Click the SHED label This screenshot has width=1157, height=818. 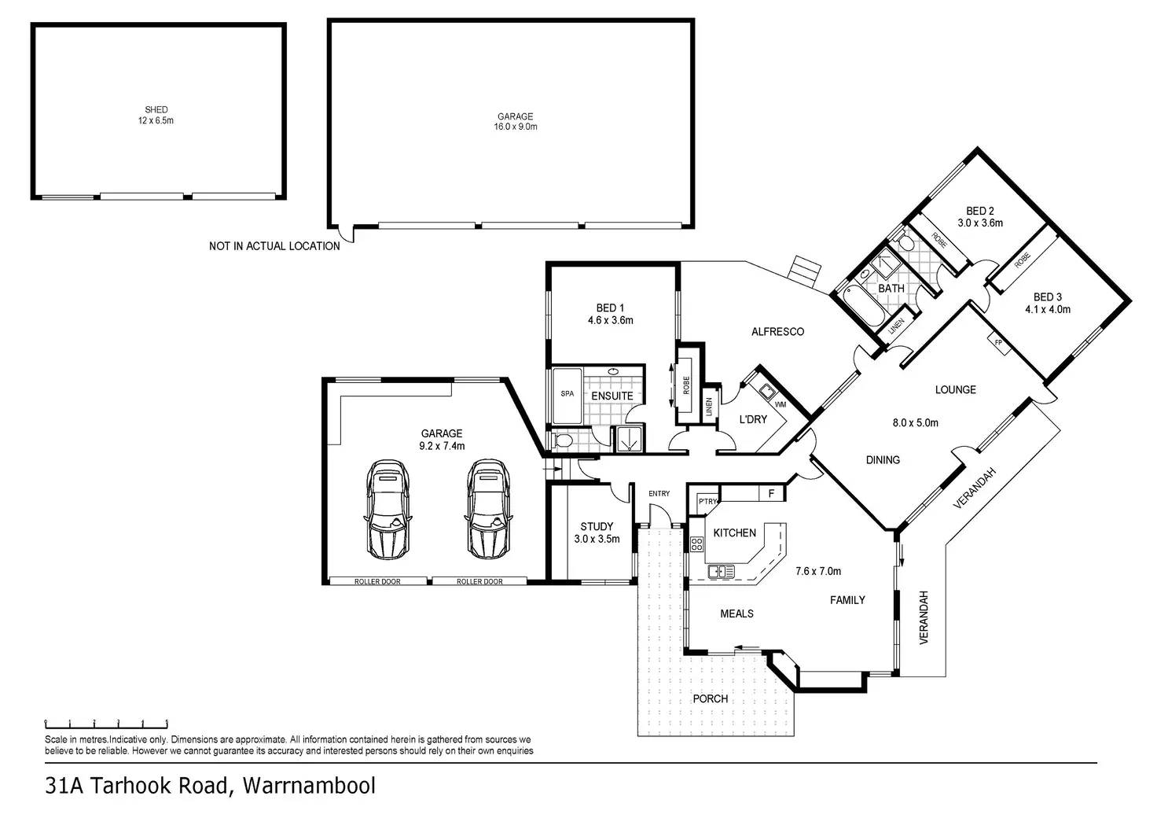click(x=156, y=109)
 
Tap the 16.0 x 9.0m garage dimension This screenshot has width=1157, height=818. click(x=516, y=127)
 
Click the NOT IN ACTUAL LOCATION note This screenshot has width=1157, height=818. click(x=274, y=246)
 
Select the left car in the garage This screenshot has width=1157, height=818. click(x=388, y=509)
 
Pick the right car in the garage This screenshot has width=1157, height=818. click(x=489, y=509)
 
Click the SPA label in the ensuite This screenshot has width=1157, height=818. click(x=567, y=394)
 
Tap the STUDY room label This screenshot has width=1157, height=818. click(x=597, y=526)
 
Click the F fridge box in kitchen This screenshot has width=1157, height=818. click(x=772, y=493)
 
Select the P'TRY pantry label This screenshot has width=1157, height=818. click(x=707, y=501)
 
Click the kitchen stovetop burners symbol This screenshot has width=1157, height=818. click(x=696, y=543)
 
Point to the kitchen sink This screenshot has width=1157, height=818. click(x=721, y=572)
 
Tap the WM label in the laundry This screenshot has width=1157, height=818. click(x=780, y=404)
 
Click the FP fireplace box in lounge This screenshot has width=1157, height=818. click(x=999, y=343)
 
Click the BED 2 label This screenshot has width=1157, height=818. click(x=980, y=211)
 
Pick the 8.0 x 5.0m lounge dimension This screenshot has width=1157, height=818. click(x=915, y=422)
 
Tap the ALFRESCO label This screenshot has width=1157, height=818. click(x=777, y=332)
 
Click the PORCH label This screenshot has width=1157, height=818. click(x=711, y=698)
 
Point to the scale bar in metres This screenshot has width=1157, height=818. click(x=106, y=724)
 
